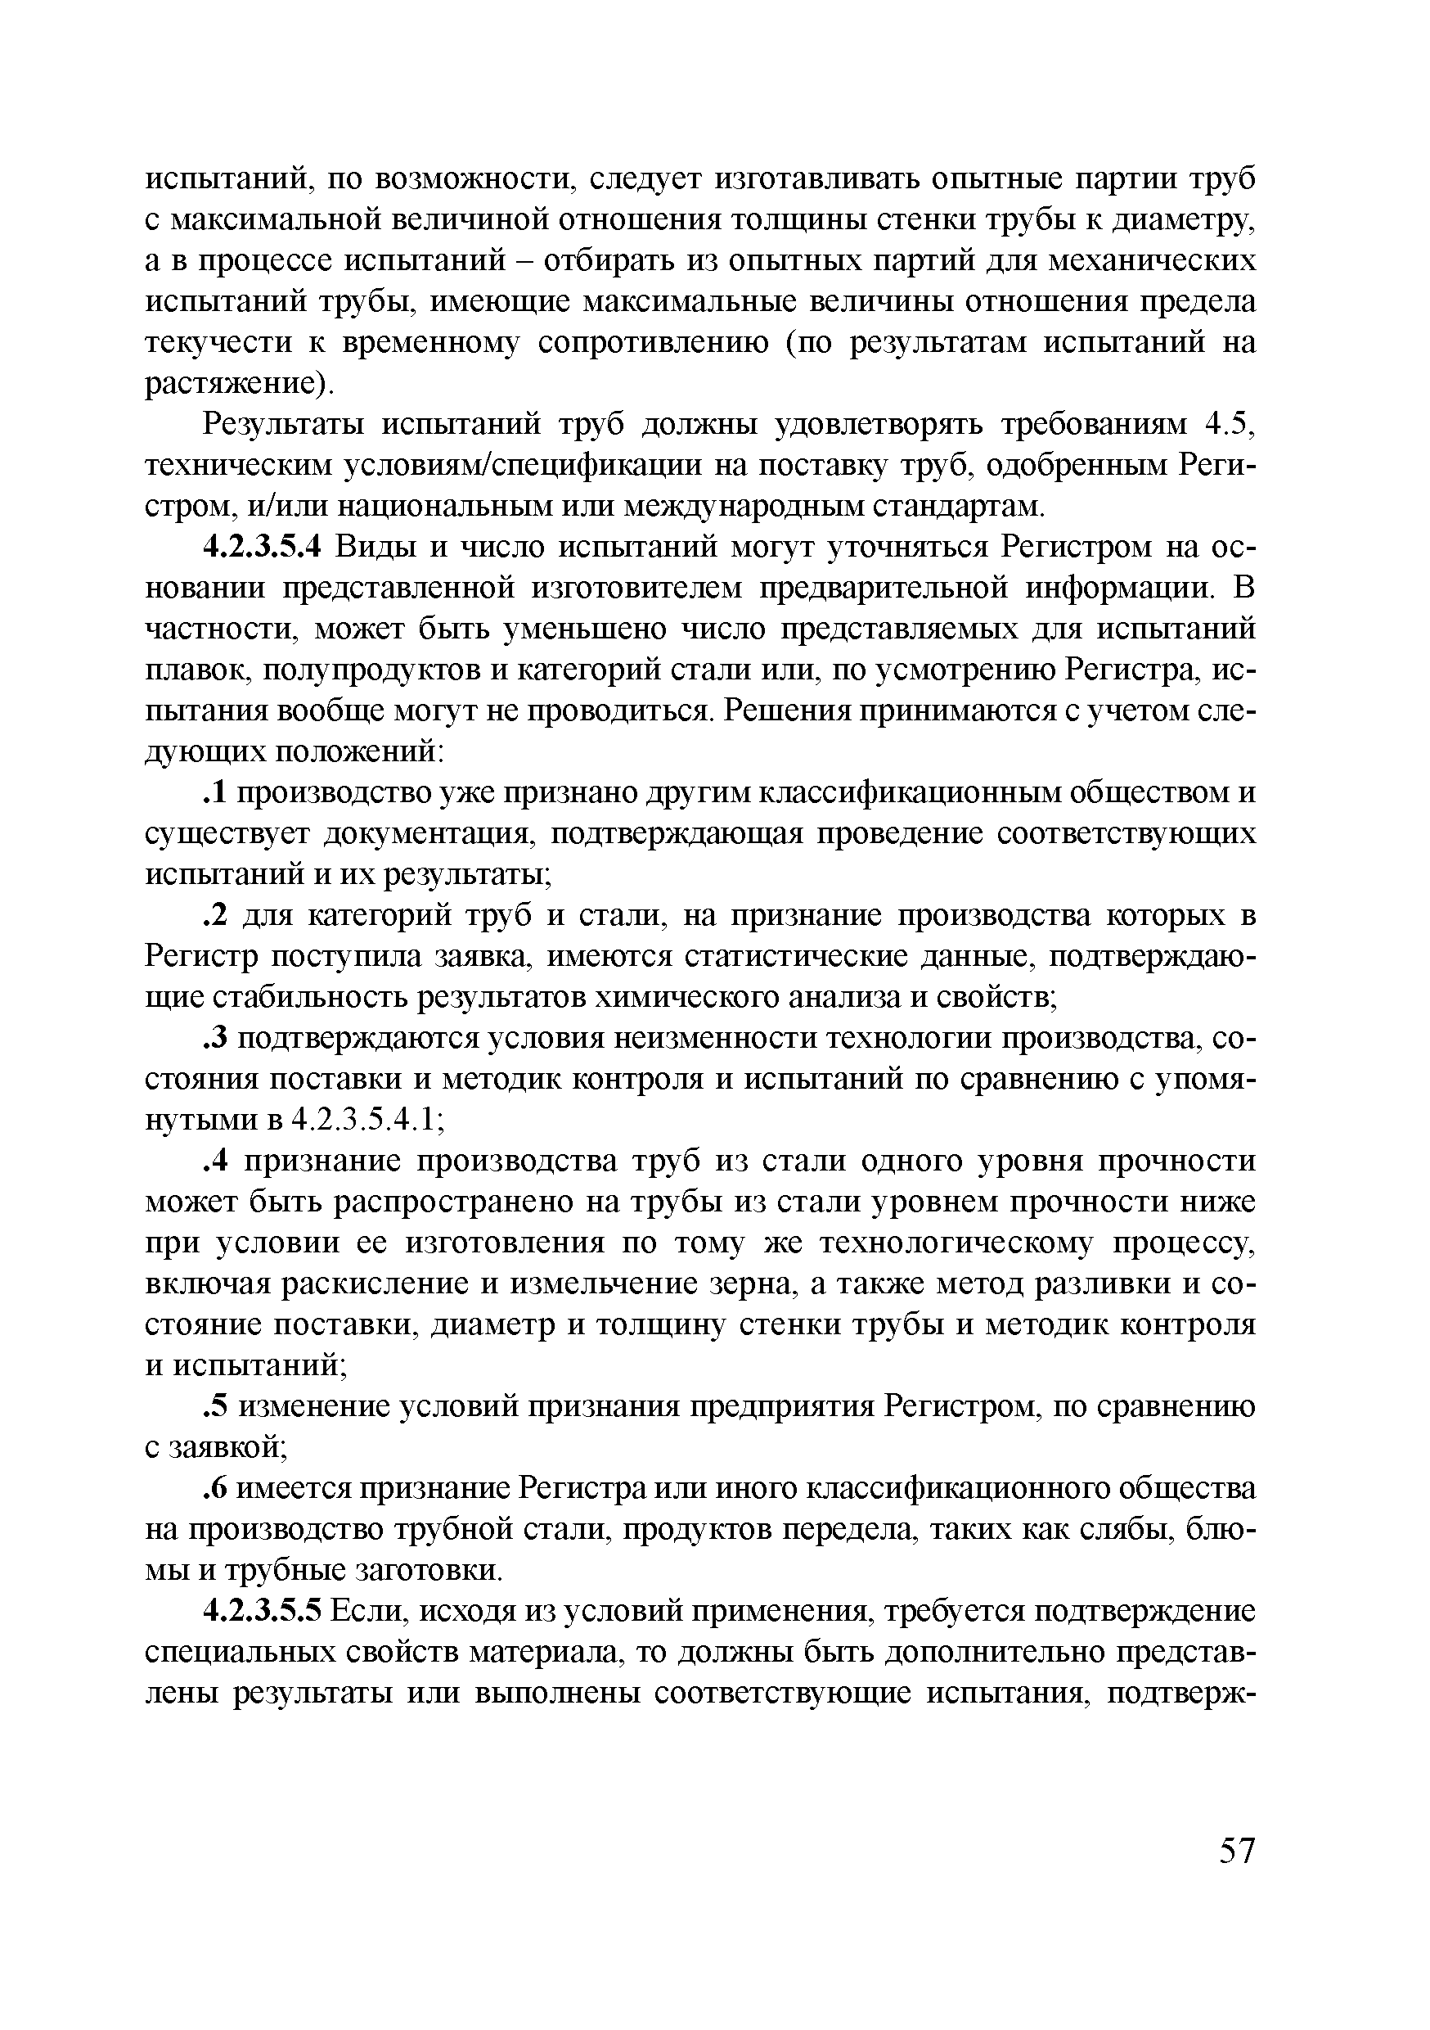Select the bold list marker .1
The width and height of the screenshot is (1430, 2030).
click(217, 793)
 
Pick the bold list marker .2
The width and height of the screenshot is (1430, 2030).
click(218, 916)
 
